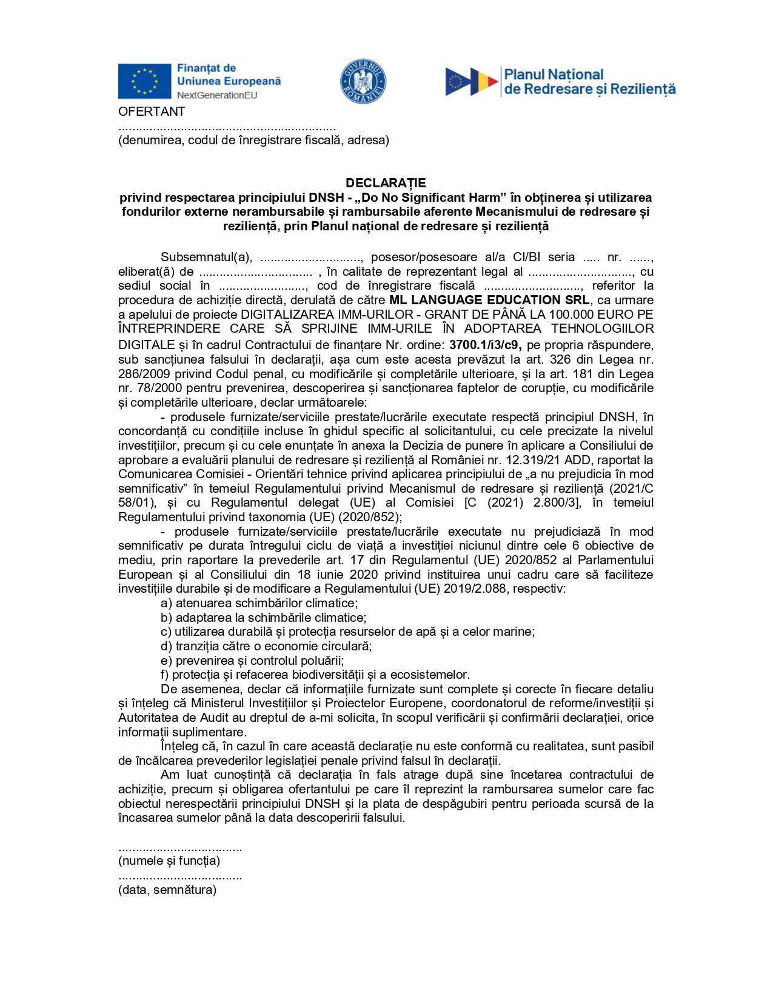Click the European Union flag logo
pyautogui.click(x=144, y=81)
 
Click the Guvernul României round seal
pyautogui.click(x=363, y=81)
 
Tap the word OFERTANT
pyautogui.click(x=152, y=112)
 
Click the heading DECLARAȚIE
pyautogui.click(x=386, y=183)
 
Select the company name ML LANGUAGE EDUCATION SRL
pyautogui.click(x=489, y=300)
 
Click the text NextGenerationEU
pyautogui.click(x=217, y=95)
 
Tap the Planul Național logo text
pyautogui.click(x=589, y=82)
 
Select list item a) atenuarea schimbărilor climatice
pyautogui.click(x=259, y=603)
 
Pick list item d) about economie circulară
pyautogui.click(x=266, y=646)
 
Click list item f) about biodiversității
pyautogui.click(x=315, y=675)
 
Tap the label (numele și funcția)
pyautogui.click(x=169, y=861)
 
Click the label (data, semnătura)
pyautogui.click(x=167, y=890)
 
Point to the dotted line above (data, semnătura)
pyautogui.click(x=180, y=877)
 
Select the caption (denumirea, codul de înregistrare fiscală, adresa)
pyautogui.click(x=253, y=140)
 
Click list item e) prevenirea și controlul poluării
pyautogui.click(x=252, y=661)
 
